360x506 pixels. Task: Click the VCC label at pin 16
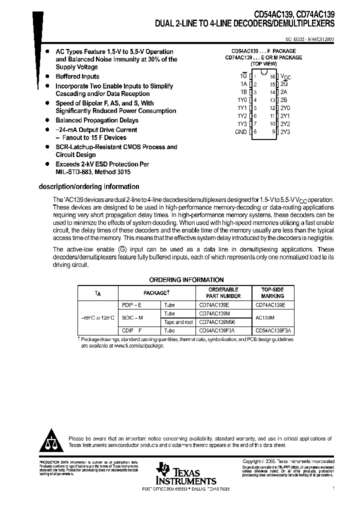[x=285, y=77]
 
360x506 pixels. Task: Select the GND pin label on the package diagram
[x=240, y=131]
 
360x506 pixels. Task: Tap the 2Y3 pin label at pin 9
[x=285, y=131]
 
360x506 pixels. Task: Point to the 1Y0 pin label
[x=241, y=100]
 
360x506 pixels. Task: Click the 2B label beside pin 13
[x=283, y=100]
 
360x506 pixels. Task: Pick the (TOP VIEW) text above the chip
[x=263, y=64]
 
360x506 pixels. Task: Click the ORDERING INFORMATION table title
[x=186, y=280]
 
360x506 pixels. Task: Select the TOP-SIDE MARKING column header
[x=272, y=292]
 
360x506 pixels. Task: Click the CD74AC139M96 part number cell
[x=218, y=322]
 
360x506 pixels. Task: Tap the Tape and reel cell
[x=178, y=322]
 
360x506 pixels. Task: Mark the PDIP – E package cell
[x=132, y=304]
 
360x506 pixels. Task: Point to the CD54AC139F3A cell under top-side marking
[x=275, y=330]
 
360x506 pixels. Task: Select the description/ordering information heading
[x=89, y=186]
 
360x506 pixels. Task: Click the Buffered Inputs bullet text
[x=77, y=76]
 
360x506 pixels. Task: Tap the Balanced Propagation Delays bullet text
[x=97, y=120]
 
